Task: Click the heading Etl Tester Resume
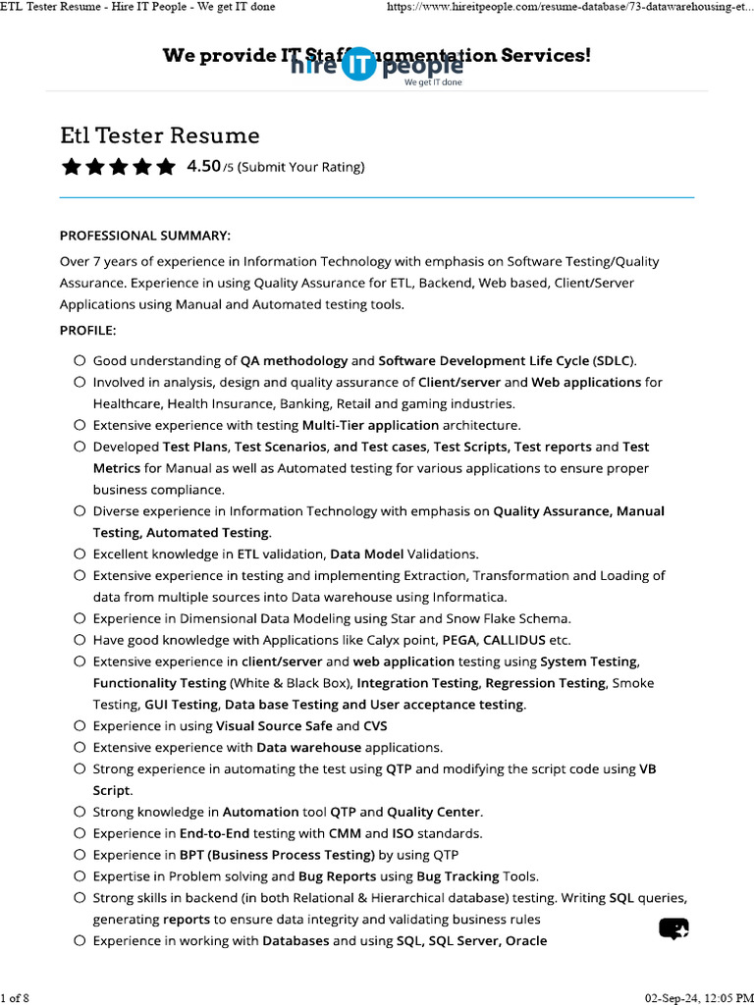click(159, 135)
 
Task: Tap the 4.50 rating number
click(203, 166)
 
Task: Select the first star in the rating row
click(71, 167)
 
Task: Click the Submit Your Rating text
click(300, 167)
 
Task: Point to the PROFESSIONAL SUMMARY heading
click(145, 236)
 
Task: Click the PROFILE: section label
click(87, 330)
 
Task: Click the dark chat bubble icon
click(673, 928)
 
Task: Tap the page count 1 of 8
click(16, 998)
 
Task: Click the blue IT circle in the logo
click(359, 65)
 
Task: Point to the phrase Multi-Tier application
click(370, 425)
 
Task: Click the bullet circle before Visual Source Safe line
click(79, 726)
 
